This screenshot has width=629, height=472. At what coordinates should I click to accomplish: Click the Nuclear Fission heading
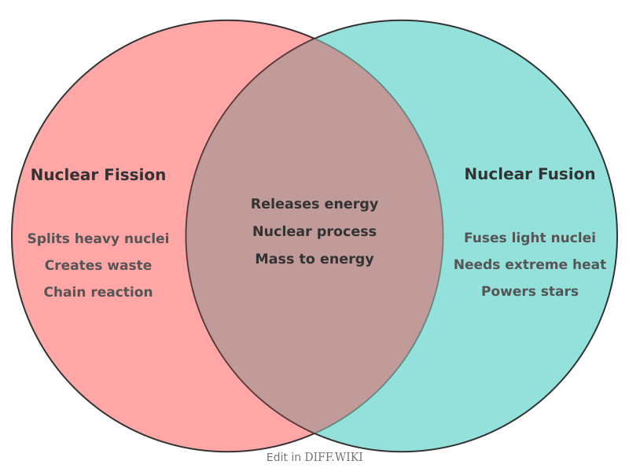point(98,175)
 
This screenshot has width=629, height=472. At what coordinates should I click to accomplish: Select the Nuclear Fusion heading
point(529,174)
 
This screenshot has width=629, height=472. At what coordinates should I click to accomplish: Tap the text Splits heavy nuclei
point(98,238)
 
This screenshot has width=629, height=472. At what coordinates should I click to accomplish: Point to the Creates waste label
point(98,265)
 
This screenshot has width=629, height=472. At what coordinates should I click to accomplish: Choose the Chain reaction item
point(98,292)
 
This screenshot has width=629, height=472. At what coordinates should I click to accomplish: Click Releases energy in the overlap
point(314,204)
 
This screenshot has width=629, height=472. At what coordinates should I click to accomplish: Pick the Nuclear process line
point(314,231)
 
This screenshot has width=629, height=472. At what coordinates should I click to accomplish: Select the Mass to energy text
point(314,259)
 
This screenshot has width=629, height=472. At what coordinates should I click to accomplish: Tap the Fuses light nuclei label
point(529,238)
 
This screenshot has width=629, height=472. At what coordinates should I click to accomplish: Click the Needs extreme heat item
point(529,264)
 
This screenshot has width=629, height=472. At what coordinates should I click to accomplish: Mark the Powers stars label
point(529,291)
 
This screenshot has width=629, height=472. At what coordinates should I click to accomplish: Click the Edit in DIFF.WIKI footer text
point(314,457)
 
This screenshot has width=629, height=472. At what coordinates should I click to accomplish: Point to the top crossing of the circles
point(314,38)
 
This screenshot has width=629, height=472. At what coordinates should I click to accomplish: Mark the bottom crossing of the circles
point(314,433)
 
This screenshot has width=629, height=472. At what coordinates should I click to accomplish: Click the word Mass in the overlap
point(272,259)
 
